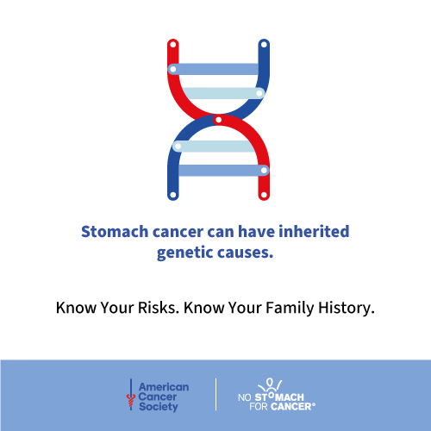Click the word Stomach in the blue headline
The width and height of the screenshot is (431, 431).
coord(115,232)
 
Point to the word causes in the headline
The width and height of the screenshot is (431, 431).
coord(245,253)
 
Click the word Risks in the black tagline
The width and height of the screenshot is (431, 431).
coord(159,308)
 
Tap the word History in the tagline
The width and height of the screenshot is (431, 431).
coord(347,309)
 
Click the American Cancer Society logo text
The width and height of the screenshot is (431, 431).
coord(164,397)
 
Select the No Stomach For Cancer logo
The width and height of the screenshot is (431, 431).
coord(277,395)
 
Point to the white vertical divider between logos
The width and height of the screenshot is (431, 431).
coord(215,394)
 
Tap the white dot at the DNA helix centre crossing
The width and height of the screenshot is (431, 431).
coord(218,120)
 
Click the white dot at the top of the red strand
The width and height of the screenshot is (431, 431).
coord(173,45)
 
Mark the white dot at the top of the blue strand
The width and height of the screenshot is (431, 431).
coord(264,45)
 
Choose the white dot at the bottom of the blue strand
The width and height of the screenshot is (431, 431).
coord(173,195)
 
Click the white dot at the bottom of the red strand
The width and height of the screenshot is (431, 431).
coord(264,195)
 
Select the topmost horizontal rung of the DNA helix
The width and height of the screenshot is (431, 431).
coord(213,69)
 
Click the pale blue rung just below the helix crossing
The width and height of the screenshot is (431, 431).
coord(213,147)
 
